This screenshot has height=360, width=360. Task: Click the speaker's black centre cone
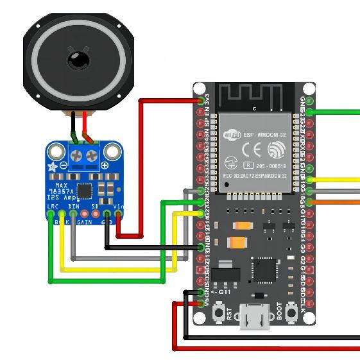coord(78,60)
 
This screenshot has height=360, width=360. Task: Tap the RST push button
coord(218,313)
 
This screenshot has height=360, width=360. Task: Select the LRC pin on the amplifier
coord(51,214)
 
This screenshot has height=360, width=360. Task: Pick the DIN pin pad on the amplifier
coord(74,214)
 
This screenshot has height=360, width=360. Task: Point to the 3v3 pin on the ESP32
coord(201,101)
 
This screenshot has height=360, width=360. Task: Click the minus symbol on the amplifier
coord(64,165)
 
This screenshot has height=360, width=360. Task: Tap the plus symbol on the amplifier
coord(104,165)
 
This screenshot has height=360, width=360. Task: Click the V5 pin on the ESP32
coord(201,303)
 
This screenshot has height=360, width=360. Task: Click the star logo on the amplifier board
coord(53,166)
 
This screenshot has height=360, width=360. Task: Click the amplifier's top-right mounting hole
coord(113,151)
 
